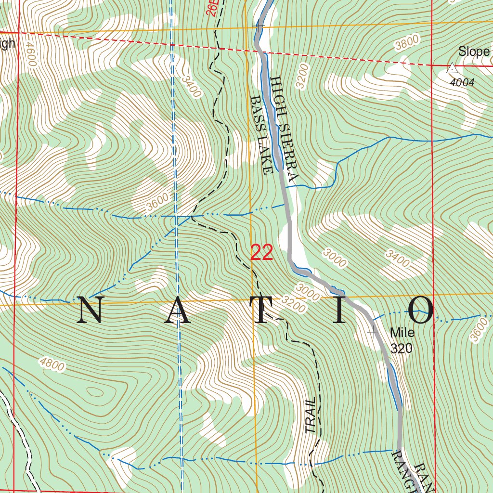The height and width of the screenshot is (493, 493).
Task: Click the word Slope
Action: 474,52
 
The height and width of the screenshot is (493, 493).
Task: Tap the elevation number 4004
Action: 462,83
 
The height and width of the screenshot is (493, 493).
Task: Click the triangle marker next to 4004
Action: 452,68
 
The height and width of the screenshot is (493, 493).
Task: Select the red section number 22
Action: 262,253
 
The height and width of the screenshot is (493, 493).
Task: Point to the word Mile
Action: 402,332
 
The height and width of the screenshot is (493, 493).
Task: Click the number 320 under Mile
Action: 401,349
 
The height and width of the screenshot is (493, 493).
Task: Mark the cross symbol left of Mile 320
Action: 374,332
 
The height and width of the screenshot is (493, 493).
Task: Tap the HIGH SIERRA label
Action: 285,129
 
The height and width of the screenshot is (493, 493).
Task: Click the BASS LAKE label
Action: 262,134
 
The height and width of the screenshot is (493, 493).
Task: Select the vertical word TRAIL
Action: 311,415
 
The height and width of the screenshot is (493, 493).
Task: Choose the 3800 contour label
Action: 407,44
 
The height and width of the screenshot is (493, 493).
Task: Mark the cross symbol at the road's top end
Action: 259,26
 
